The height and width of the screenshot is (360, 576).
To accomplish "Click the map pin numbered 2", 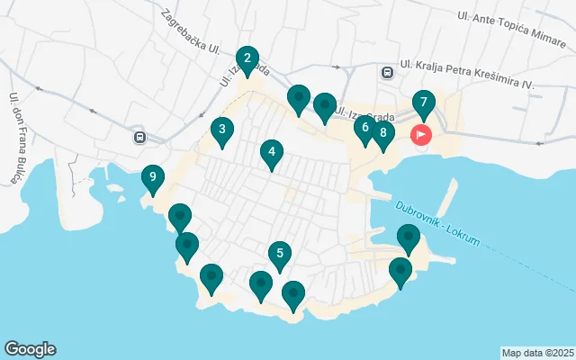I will [247, 59].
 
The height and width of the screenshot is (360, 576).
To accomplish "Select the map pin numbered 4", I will [270, 153].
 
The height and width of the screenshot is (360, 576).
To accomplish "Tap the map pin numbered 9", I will [153, 178].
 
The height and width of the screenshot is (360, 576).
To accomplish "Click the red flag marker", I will [421, 135].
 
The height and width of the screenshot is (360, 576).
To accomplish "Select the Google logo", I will [30, 349].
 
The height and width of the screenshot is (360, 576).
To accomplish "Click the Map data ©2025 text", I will [536, 353].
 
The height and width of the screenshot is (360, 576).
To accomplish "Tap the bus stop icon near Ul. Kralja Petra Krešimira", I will [387, 73].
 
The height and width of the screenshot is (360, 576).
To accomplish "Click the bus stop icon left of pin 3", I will [139, 137].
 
